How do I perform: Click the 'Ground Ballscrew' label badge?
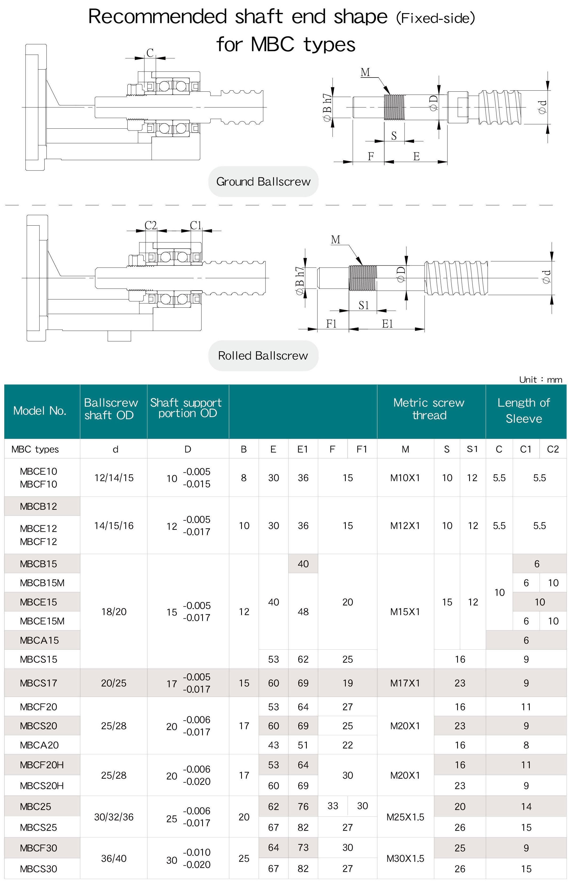click(x=263, y=182)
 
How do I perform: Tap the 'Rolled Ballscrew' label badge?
click(x=263, y=356)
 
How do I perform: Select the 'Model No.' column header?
click(x=40, y=411)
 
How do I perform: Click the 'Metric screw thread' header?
click(x=429, y=409)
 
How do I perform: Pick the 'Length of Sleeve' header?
click(x=524, y=411)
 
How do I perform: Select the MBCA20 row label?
click(x=39, y=745)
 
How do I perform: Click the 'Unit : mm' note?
click(x=540, y=380)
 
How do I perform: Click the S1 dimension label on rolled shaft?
click(x=364, y=305)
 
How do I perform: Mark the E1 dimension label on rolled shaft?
click(x=387, y=324)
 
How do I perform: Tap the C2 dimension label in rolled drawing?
click(x=150, y=225)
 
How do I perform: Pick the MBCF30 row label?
click(x=39, y=848)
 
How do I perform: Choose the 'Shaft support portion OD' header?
click(x=186, y=408)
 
